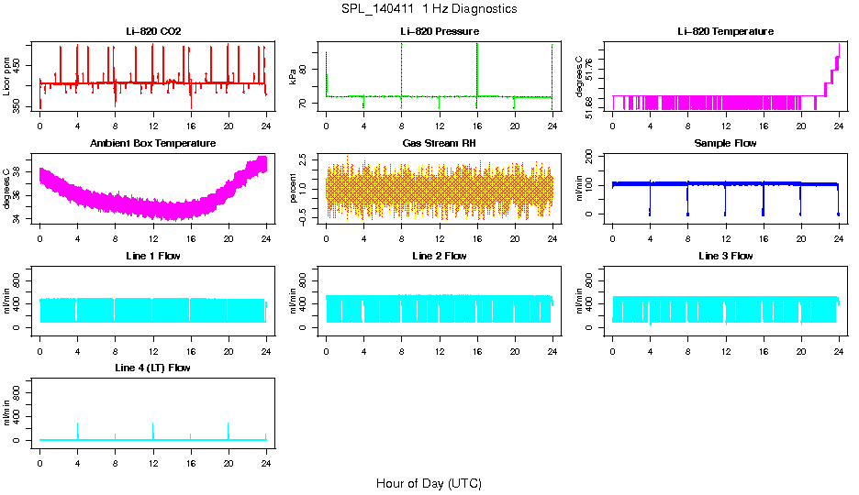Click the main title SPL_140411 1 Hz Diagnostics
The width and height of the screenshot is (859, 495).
click(x=429, y=8)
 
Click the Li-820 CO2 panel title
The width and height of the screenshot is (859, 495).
click(x=153, y=31)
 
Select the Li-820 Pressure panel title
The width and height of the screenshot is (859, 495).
click(x=440, y=31)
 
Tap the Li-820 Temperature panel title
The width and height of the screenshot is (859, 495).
click(x=725, y=31)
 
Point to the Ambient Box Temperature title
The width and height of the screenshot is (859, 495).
click(x=153, y=144)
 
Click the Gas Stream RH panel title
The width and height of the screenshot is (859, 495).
click(x=440, y=144)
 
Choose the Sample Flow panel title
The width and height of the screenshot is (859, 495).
click(x=725, y=144)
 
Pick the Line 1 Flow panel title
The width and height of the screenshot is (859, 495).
click(x=153, y=256)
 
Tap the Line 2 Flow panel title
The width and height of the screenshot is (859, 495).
click(x=440, y=256)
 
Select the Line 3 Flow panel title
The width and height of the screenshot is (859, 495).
click(x=725, y=256)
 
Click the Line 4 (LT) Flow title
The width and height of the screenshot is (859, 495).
click(x=153, y=368)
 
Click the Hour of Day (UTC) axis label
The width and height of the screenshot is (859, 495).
click(x=429, y=483)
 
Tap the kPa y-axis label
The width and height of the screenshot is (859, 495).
click(x=293, y=77)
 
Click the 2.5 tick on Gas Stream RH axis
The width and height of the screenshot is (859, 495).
click(x=304, y=158)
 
